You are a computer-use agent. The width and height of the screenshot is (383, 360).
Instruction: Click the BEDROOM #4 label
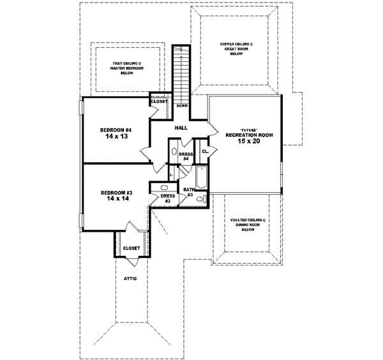pos(114,130)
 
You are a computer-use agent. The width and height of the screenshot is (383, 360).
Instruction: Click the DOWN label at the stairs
pos(182,106)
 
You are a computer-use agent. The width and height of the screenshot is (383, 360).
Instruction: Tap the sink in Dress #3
pos(163,188)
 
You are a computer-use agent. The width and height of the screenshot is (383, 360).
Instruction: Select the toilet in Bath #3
pos(201,199)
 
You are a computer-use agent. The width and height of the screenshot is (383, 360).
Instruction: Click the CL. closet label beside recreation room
pos(205,152)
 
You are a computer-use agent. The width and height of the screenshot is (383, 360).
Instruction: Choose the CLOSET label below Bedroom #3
pos(131,248)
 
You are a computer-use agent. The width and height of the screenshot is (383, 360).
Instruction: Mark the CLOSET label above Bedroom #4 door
pos(158,100)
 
